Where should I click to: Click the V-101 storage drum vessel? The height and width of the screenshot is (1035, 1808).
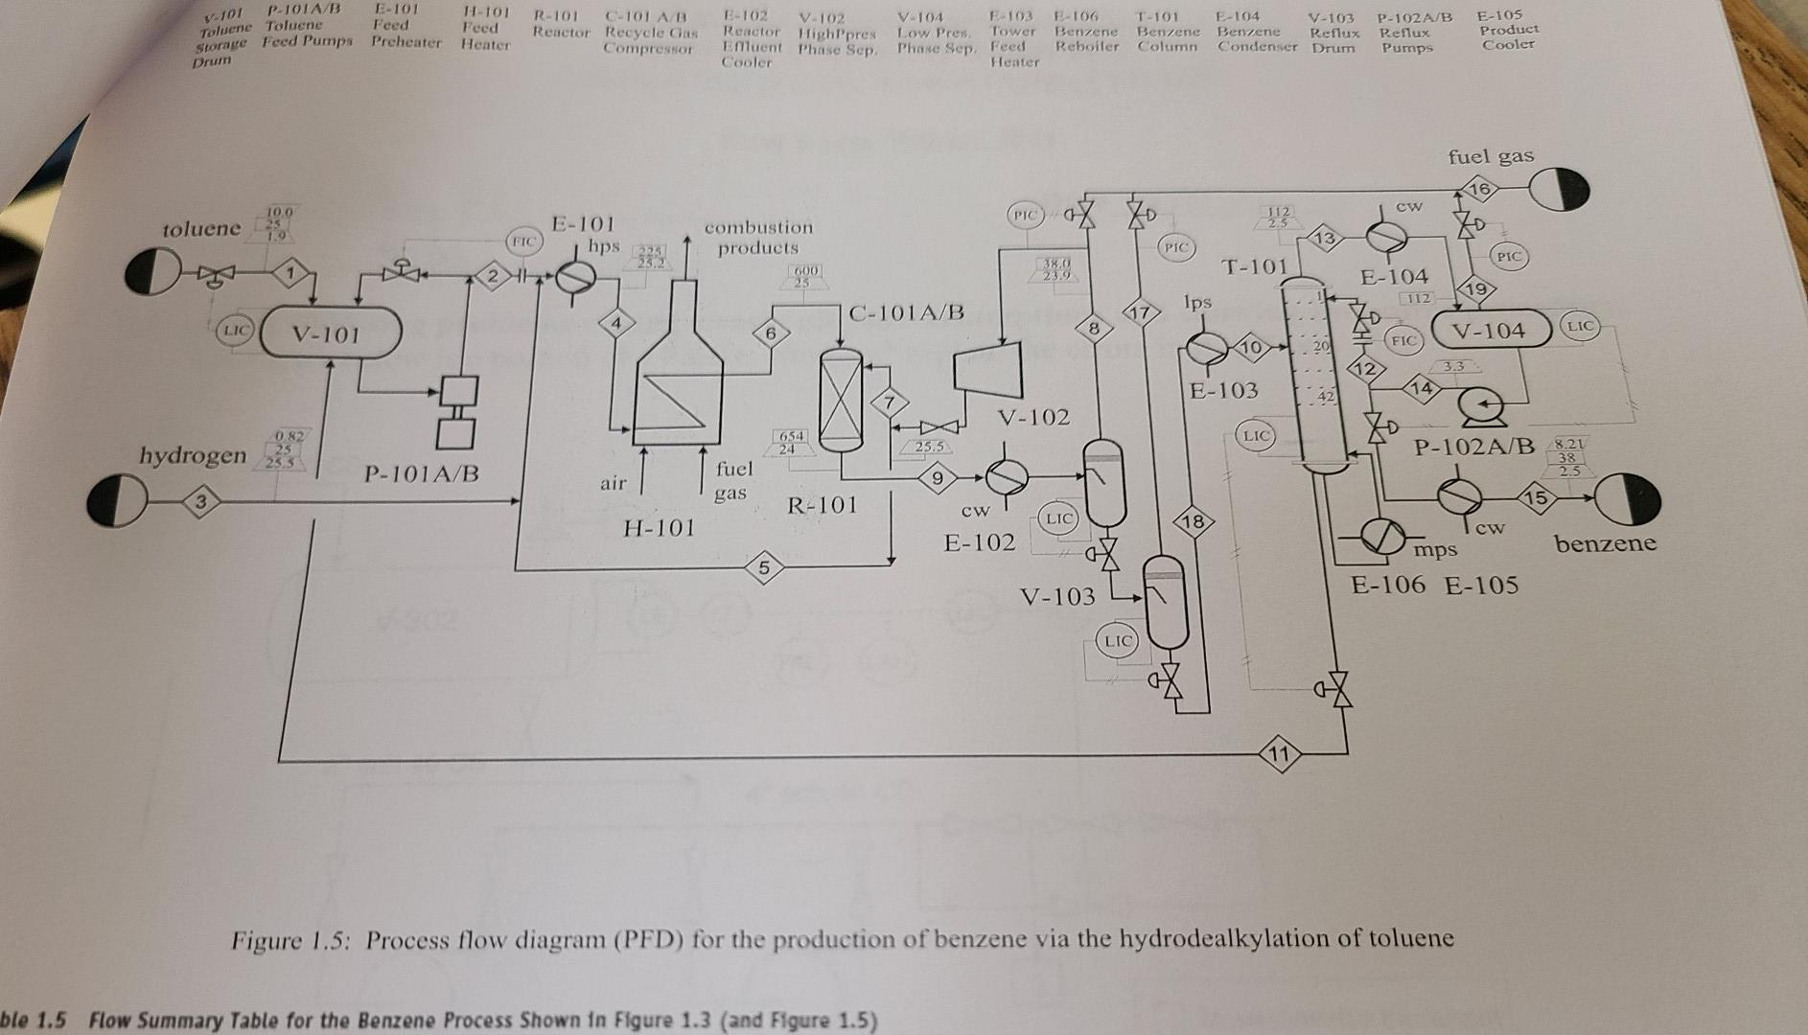coord(329,333)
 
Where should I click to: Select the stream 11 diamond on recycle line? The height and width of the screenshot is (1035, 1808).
coord(1278,754)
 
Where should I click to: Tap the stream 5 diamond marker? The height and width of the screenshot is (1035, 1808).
coord(763,567)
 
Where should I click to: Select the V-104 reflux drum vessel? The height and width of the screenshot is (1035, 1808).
coord(1490,331)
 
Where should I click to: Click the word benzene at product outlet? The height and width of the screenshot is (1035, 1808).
coord(1605,543)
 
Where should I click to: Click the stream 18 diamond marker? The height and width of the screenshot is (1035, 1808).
coord(1193,522)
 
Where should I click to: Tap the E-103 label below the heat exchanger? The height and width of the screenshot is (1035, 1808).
coord(1223,390)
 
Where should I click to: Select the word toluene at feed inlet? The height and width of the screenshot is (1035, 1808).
coord(201,228)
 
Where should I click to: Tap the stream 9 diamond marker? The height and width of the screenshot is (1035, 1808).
coord(938,476)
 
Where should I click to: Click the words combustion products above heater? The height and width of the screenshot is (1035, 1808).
coord(757,237)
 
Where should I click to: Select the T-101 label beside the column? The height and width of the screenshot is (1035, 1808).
coord(1253,265)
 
